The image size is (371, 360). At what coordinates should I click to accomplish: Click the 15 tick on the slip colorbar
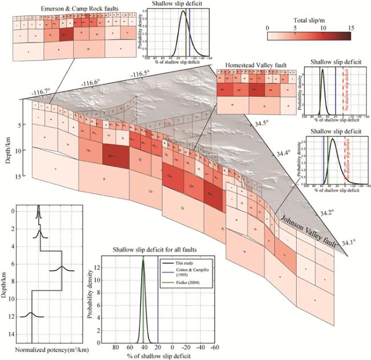350,27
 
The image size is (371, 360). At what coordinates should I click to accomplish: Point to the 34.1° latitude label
346,242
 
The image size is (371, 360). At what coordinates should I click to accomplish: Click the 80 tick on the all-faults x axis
115,347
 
